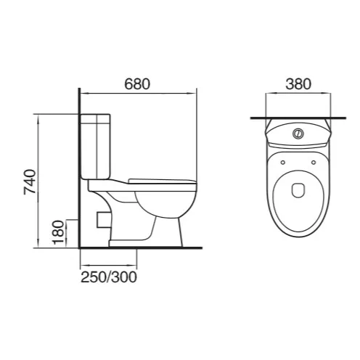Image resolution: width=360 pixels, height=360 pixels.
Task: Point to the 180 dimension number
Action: pyautogui.click(x=58, y=233)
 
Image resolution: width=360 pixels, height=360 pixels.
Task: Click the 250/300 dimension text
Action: pyautogui.click(x=108, y=277)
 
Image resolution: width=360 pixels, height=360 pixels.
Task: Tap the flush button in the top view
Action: pyautogui.click(x=297, y=134)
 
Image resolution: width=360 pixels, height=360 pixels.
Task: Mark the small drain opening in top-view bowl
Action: pyautogui.click(x=297, y=191)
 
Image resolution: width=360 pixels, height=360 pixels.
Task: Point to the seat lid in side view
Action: pyautogui.click(x=161, y=180)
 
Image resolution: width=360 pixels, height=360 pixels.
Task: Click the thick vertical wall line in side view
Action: pyautogui.click(x=78, y=174)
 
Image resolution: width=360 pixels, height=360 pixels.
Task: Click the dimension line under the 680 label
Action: pyautogui.click(x=137, y=93)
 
